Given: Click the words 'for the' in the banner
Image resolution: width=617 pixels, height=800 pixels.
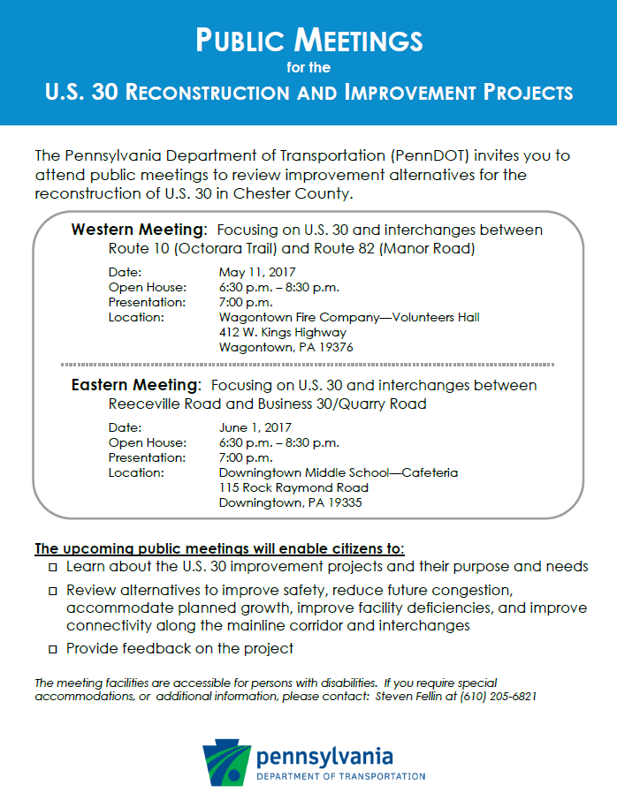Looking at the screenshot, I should coord(308,67).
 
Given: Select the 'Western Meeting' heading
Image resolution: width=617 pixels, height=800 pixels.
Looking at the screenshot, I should coord(139,230).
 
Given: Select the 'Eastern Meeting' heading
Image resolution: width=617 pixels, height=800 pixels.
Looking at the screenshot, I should coord(134,386).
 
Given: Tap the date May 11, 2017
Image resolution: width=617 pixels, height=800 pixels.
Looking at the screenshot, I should coord(257,272).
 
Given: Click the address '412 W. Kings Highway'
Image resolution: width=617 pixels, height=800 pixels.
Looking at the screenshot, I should coord(283,333).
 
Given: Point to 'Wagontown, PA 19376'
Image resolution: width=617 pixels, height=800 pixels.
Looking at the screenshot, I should coord(286,348).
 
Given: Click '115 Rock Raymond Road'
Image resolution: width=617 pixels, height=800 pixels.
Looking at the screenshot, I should coord(293,487).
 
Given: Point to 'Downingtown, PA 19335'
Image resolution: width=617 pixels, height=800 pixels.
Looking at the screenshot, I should coord(291,503).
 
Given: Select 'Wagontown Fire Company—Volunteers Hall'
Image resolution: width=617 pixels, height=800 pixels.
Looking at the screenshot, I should coord(349,318).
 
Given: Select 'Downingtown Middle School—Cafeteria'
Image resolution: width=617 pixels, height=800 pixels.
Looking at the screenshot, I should coord(339,472).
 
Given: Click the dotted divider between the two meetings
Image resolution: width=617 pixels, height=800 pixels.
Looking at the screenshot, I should coord(308,364).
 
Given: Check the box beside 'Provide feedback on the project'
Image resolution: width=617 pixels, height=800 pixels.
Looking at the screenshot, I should coord(53,650).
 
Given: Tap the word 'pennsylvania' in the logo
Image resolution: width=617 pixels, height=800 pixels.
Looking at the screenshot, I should coord(324,757).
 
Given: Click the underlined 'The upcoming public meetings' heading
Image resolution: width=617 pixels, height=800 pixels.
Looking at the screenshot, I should coord(219,548).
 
